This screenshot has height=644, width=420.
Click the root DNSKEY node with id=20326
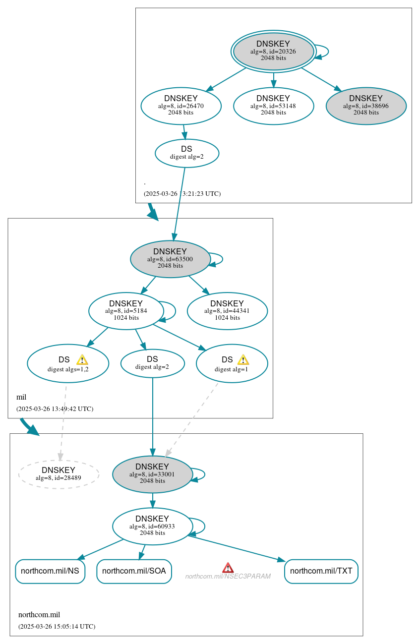(x=273, y=51)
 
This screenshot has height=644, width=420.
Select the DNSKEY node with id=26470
(x=181, y=106)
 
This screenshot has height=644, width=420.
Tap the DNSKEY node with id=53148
(x=273, y=106)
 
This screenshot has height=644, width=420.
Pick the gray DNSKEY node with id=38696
(x=366, y=106)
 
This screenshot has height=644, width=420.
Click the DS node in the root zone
(x=187, y=153)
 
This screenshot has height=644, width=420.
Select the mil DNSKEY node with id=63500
(x=170, y=259)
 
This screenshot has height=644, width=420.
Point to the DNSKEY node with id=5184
(x=126, y=311)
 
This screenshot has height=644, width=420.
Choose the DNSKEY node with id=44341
(x=227, y=311)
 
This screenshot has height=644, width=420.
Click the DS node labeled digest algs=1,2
(x=68, y=363)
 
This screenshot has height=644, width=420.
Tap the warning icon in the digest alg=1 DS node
(x=243, y=359)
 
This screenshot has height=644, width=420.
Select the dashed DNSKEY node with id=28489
(x=59, y=474)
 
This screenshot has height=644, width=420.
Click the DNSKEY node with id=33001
(x=152, y=474)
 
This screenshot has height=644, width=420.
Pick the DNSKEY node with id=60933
(x=152, y=526)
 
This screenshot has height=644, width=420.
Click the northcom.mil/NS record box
(x=50, y=571)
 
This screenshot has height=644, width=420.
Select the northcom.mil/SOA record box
(x=134, y=571)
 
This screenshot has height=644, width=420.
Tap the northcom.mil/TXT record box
(x=321, y=571)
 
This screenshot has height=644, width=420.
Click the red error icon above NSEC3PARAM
(x=228, y=568)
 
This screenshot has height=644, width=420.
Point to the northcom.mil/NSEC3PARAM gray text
(x=228, y=577)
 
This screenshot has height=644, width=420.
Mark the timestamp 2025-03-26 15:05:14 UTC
(x=57, y=627)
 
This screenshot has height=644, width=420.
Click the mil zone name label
(x=21, y=397)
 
